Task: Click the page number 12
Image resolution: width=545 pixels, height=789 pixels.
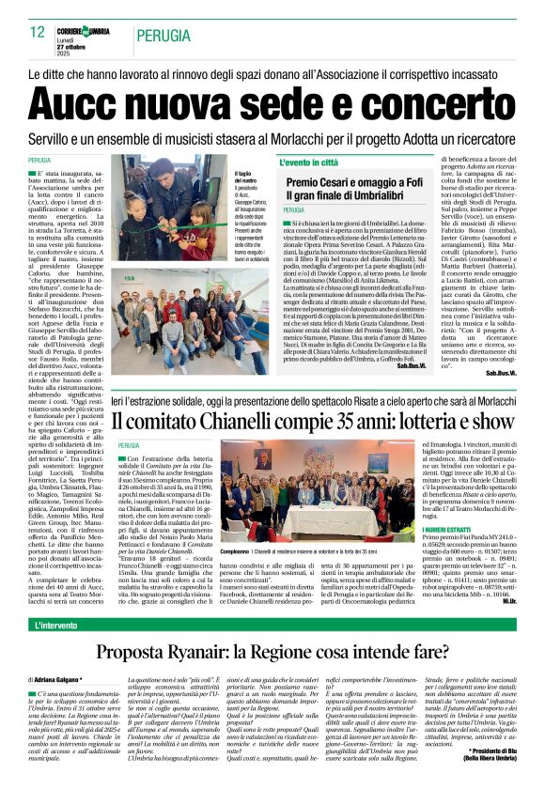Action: click(x=38, y=31)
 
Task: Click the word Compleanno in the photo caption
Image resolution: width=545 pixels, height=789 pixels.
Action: click(x=235, y=551)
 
